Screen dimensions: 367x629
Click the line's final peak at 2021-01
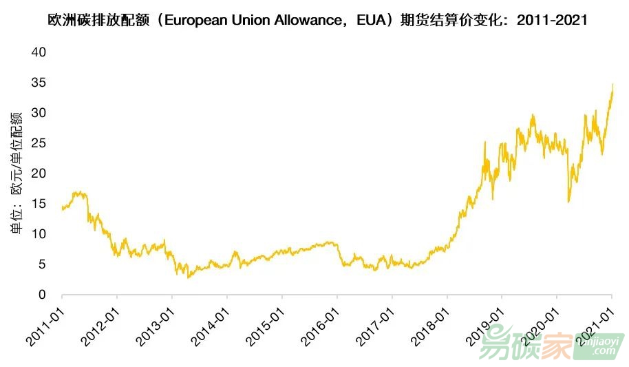point(612,85)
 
